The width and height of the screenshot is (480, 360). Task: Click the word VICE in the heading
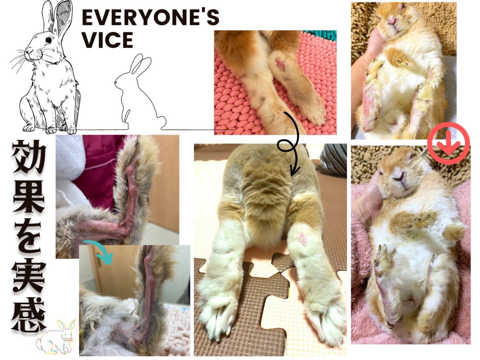[108, 40]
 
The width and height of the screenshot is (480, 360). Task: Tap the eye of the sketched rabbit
[49, 40]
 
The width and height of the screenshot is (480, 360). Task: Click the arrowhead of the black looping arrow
[294, 172]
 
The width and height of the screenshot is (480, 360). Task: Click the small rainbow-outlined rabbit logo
[55, 337]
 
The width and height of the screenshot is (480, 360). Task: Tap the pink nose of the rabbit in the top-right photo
[392, 21]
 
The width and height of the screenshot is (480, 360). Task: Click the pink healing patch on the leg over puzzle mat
[303, 239]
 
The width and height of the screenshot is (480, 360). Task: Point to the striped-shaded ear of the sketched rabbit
[63, 18]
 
